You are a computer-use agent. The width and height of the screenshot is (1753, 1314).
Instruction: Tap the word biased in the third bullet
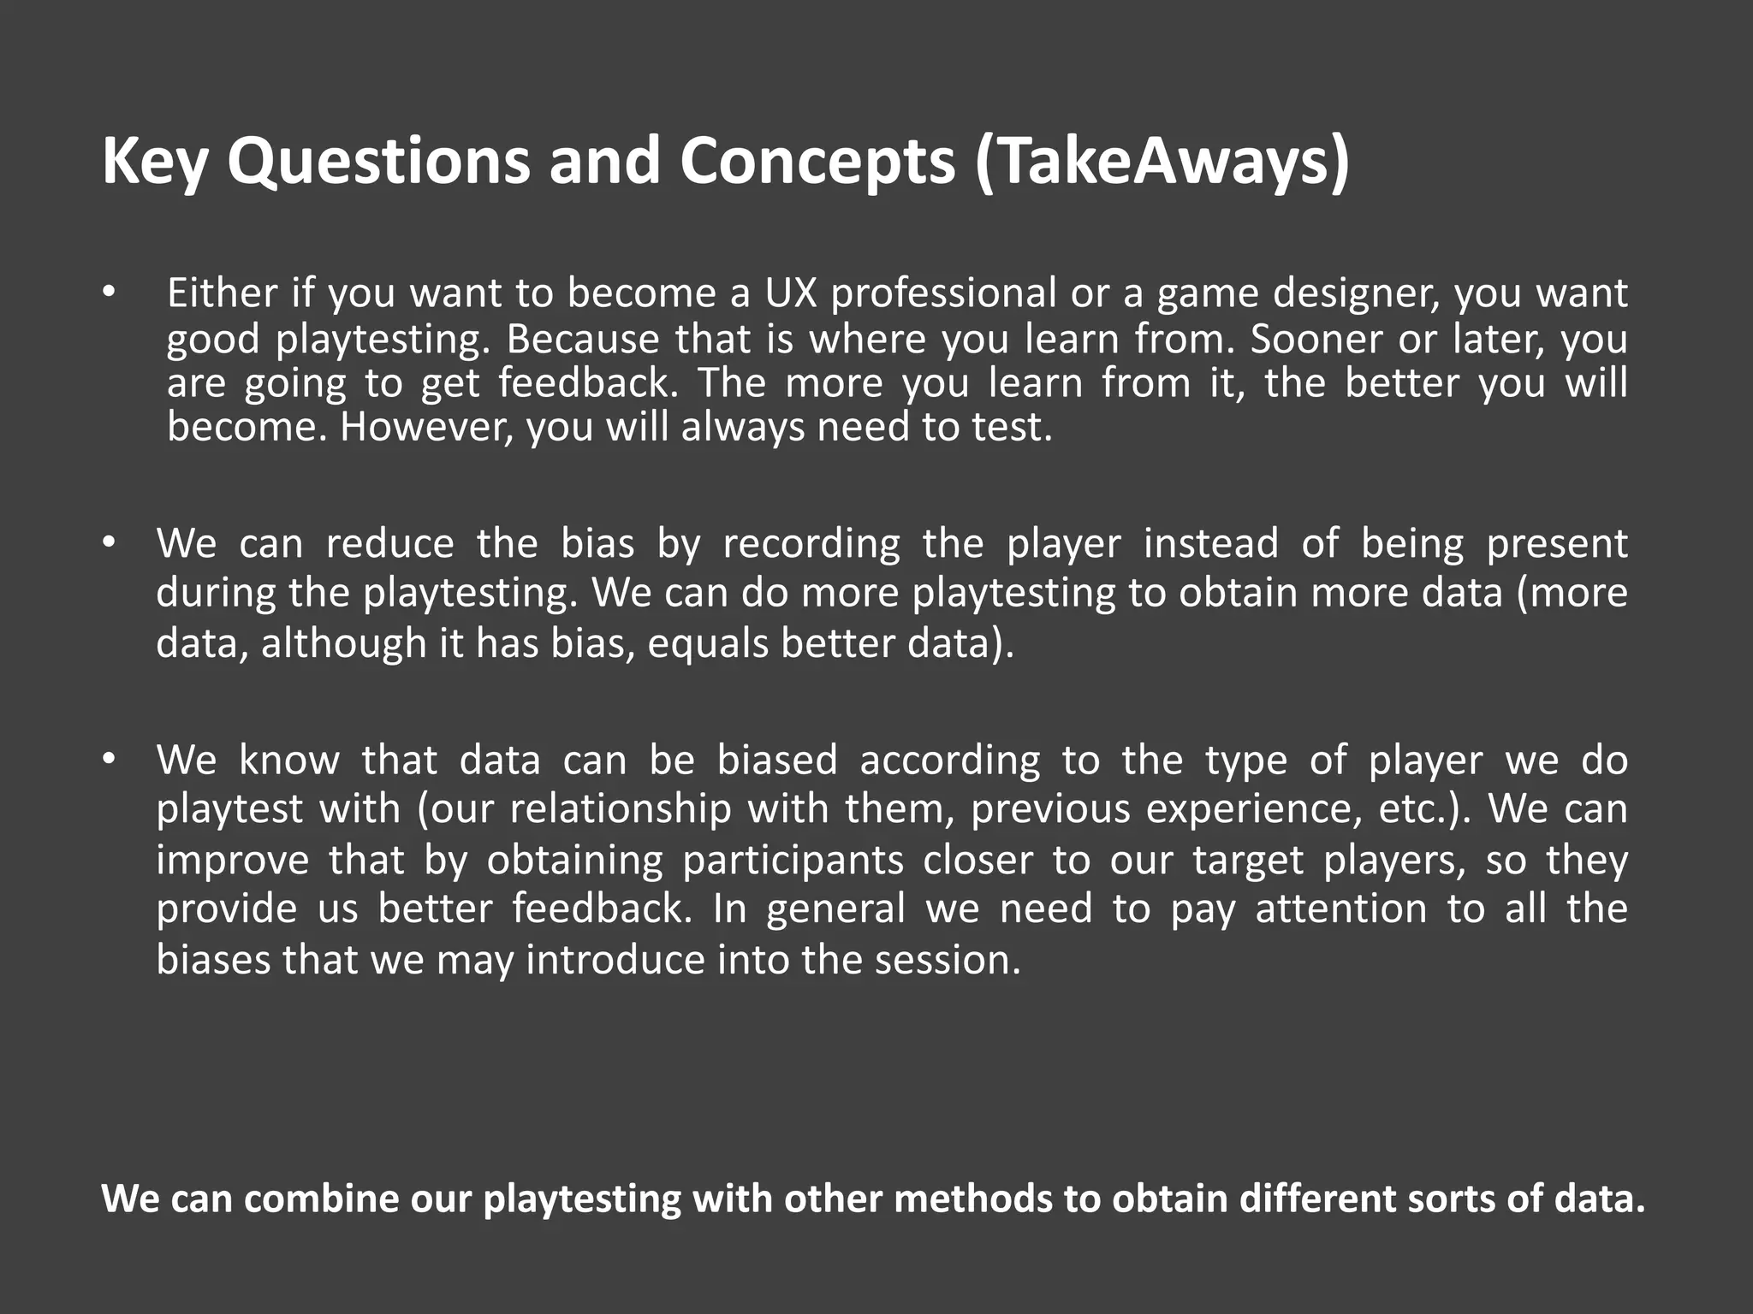pos(777,760)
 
